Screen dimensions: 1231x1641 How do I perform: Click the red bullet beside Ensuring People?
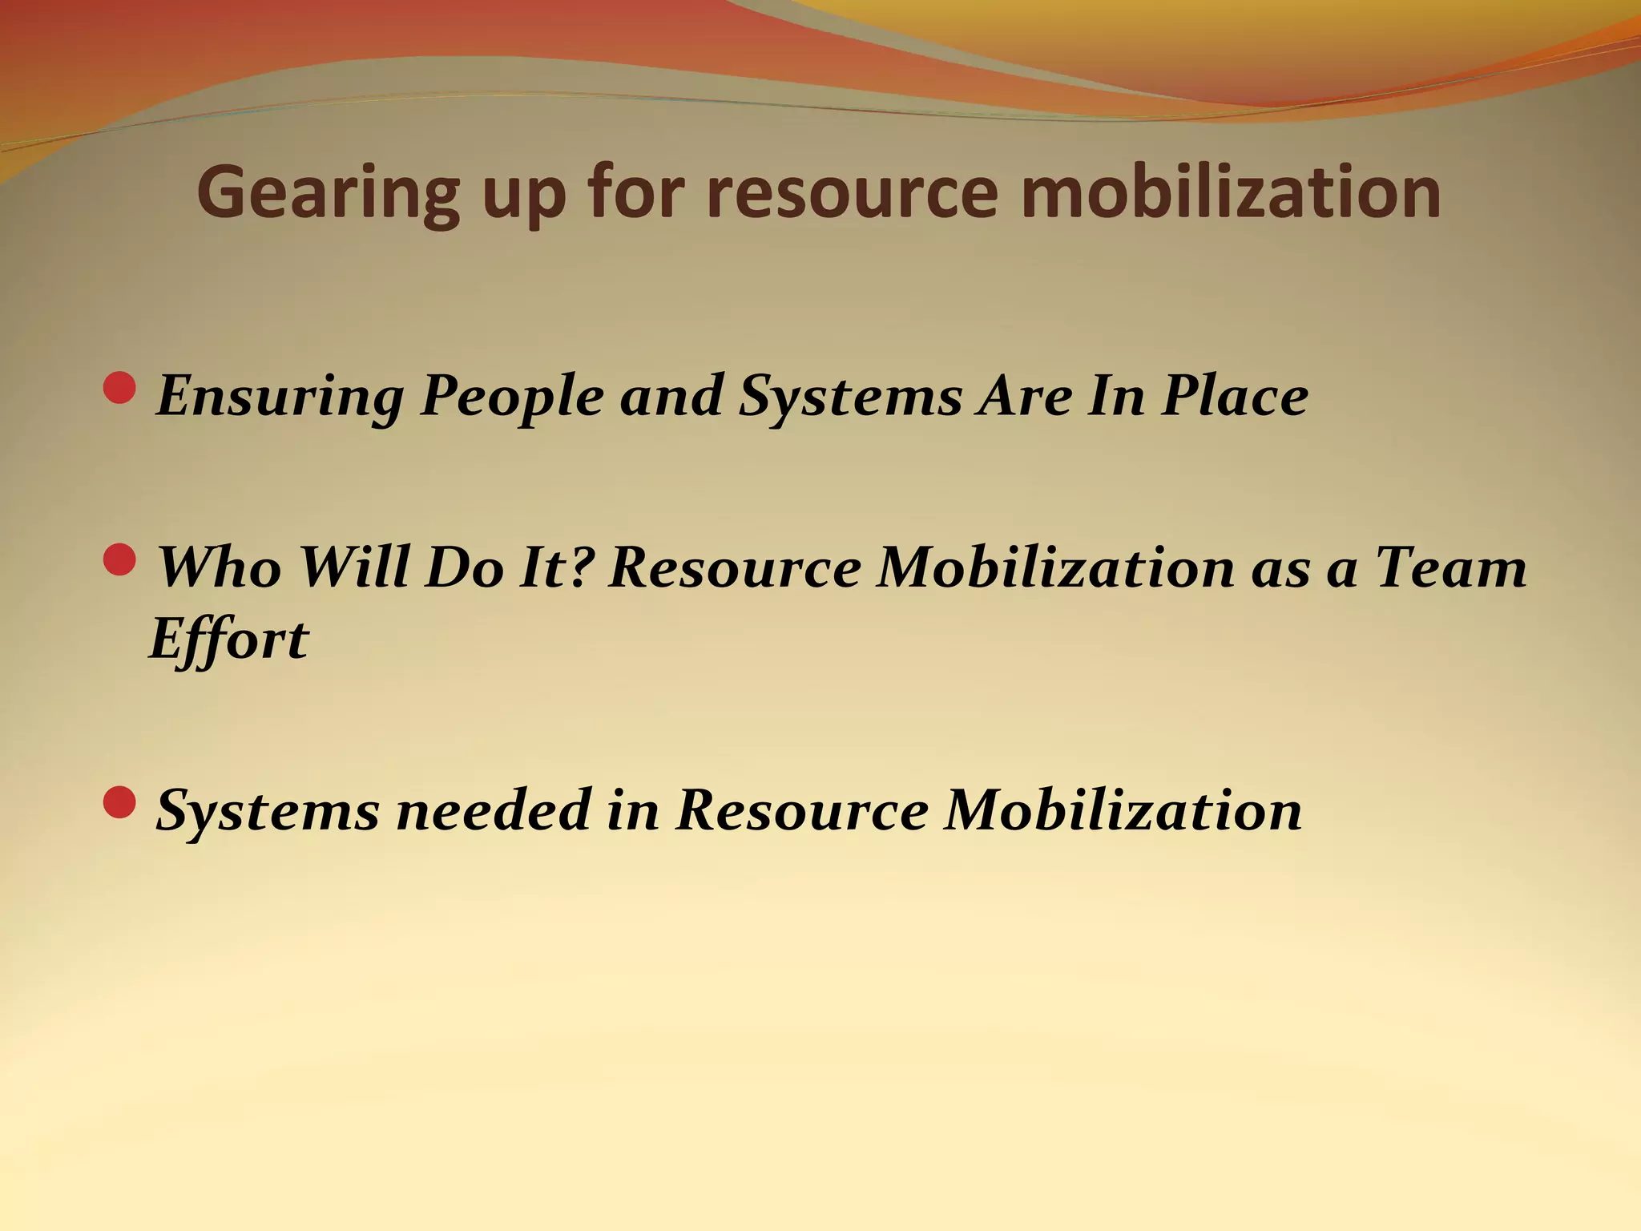pos(120,388)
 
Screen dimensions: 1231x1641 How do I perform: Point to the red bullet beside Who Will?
pos(120,559)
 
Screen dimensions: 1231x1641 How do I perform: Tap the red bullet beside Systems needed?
pos(120,802)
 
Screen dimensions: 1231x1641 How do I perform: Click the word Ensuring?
pos(280,397)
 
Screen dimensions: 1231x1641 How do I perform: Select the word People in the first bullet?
pos(512,397)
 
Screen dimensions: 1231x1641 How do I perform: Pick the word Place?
pos(1235,397)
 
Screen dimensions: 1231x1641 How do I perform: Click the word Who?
pos(219,567)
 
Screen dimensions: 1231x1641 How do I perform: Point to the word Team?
pos(1450,567)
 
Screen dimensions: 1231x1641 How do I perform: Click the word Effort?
pos(229,640)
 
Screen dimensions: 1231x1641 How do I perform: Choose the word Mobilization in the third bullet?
pos(1123,810)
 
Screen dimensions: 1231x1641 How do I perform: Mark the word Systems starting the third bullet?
pos(267,810)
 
